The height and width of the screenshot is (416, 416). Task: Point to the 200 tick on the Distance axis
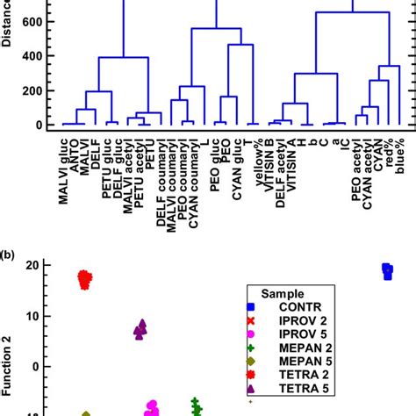point(32,91)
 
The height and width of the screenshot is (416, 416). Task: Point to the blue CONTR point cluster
point(387,271)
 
